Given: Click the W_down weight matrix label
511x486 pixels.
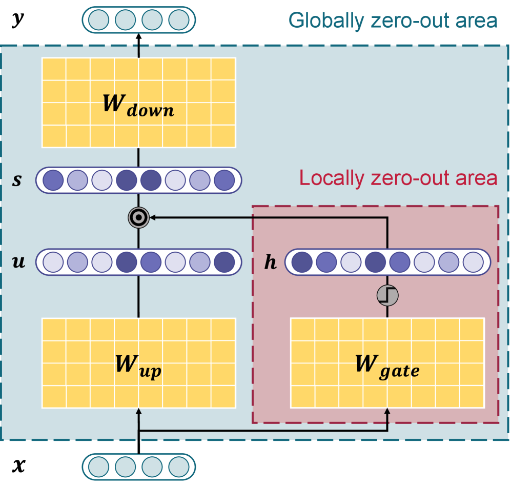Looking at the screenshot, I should pyautogui.click(x=138, y=105).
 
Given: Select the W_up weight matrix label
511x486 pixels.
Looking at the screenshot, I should pyautogui.click(x=138, y=365).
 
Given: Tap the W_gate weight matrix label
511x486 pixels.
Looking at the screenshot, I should pyautogui.click(x=387, y=365).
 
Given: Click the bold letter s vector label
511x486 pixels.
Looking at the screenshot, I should pyautogui.click(x=17, y=180).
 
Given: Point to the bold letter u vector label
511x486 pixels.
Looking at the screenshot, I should pyautogui.click(x=18, y=262).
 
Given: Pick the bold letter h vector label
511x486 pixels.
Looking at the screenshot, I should pyautogui.click(x=270, y=262).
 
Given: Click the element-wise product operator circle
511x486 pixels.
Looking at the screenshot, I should pyautogui.click(x=138, y=218).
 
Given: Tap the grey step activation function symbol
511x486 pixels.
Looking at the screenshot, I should pyautogui.click(x=387, y=295).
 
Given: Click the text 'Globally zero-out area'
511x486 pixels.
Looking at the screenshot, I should pyautogui.click(x=393, y=21).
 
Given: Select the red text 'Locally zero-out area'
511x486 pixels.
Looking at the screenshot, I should pyautogui.click(x=398, y=178).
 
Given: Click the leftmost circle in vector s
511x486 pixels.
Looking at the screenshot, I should pyautogui.click(x=53, y=180).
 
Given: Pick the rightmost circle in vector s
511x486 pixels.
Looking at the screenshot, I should pyautogui.click(x=224, y=180).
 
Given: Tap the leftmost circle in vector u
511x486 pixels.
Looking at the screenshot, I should pyautogui.click(x=53, y=262).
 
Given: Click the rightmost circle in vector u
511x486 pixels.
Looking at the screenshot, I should pyautogui.click(x=224, y=262).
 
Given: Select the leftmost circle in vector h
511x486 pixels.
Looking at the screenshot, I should pyautogui.click(x=302, y=262).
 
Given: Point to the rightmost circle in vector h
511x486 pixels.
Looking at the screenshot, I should pyautogui.click(x=473, y=262).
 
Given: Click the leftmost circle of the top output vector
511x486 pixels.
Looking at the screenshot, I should pyautogui.click(x=99, y=20).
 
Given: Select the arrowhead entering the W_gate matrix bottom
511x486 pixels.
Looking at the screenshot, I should pyautogui.click(x=387, y=412).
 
